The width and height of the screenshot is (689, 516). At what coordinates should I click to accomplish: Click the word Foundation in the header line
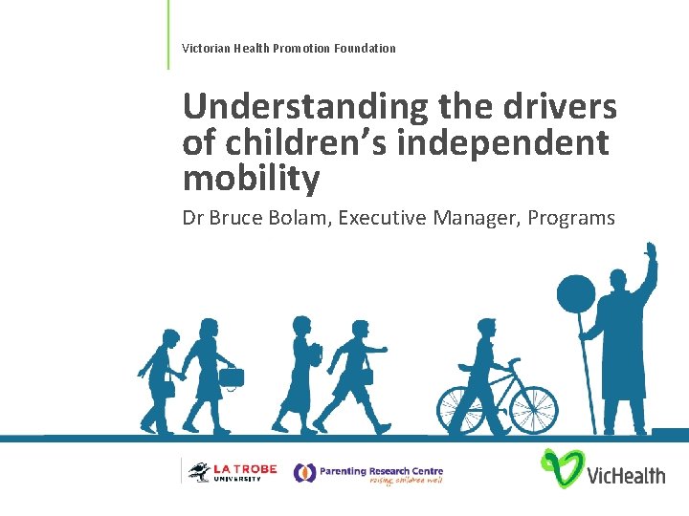click(365, 48)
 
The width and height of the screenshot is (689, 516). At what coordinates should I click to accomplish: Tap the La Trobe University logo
click(232, 471)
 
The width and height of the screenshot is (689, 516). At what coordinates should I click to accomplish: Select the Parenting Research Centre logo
click(368, 473)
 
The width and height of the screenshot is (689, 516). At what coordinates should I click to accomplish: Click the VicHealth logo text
click(626, 474)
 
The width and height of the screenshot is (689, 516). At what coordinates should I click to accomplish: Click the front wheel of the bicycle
click(532, 409)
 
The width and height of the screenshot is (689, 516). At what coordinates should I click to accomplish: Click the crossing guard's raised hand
click(651, 253)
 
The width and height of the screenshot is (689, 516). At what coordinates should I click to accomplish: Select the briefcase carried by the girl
click(231, 376)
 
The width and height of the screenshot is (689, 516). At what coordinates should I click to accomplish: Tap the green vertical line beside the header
click(168, 34)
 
